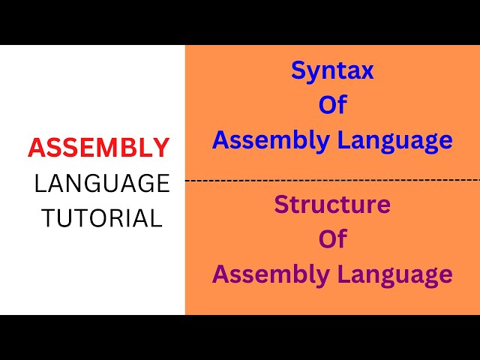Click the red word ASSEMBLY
(98, 148)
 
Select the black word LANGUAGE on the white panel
(102, 183)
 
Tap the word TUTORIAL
(102, 217)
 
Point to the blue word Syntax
(332, 72)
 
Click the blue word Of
(332, 105)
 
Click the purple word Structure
(332, 204)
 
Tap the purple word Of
(332, 239)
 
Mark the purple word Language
(396, 274)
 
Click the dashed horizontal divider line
(332, 180)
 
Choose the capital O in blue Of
(327, 105)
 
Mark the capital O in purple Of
(327, 239)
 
